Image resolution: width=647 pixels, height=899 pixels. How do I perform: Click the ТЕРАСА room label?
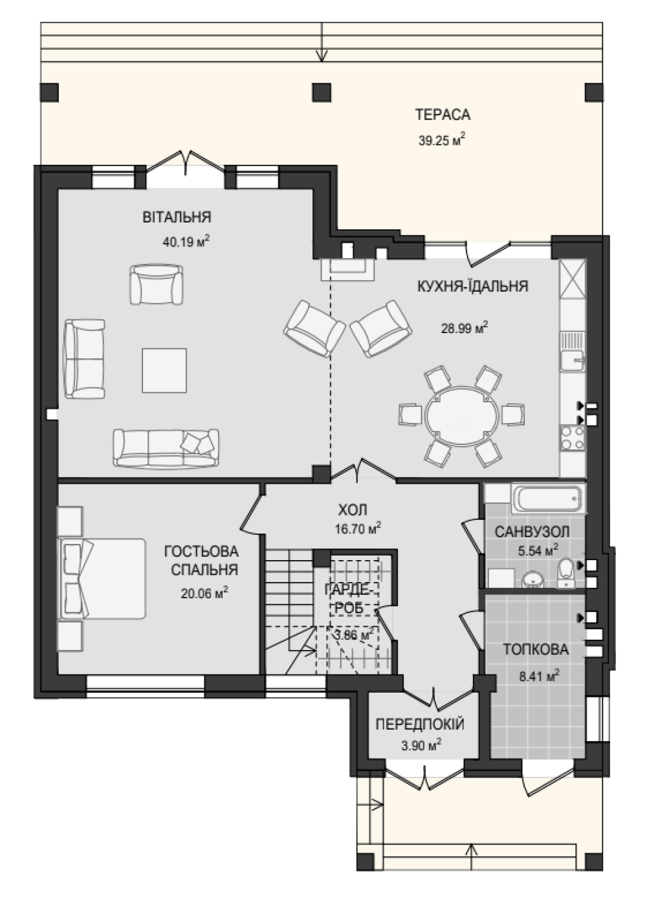click(x=443, y=114)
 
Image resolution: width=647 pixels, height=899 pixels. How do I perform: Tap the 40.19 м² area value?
click(x=186, y=242)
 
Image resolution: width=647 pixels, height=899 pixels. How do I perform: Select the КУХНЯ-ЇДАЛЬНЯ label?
click(x=473, y=287)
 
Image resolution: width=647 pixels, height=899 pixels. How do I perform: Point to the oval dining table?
click(x=462, y=415)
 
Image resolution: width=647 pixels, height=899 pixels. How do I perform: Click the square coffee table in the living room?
click(x=164, y=370)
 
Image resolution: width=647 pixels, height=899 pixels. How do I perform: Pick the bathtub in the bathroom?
click(x=547, y=498)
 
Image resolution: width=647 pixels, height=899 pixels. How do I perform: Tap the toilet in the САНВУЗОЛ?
click(x=566, y=573)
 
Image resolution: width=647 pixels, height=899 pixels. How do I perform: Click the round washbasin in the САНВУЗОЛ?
click(x=532, y=579)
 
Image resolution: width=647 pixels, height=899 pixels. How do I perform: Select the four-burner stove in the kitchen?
click(x=573, y=439)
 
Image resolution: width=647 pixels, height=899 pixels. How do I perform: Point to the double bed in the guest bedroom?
click(x=102, y=578)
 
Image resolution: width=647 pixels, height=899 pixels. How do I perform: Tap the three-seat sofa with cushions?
click(x=166, y=448)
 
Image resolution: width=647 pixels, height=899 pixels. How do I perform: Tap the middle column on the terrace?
click(x=322, y=92)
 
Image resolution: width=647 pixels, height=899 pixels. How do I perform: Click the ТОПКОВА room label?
click(x=536, y=649)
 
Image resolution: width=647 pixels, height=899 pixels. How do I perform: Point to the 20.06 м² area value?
click(x=204, y=593)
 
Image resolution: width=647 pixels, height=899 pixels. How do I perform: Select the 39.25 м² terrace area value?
click(x=442, y=140)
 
